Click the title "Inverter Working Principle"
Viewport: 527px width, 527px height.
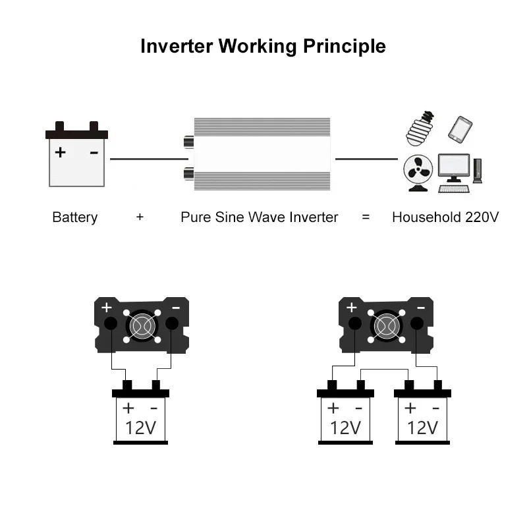[263, 47]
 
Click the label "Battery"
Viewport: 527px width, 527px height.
[74, 217]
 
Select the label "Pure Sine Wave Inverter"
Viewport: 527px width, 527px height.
[259, 217]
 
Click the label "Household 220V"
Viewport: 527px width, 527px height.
[445, 217]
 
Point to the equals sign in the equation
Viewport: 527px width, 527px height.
[366, 217]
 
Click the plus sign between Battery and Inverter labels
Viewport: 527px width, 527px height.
[140, 217]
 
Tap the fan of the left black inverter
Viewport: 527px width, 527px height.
[141, 325]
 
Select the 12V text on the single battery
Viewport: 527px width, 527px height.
[140, 428]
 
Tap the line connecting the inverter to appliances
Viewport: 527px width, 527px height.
[366, 158]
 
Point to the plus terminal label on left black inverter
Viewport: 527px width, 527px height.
[107, 308]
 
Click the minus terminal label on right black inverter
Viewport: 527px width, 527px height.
[421, 308]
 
